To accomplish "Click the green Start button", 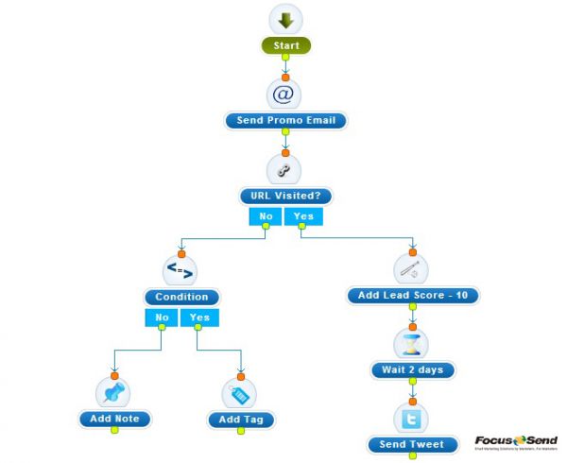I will pyautogui.click(x=285, y=45).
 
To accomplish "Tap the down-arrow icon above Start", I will pyautogui.click(x=285, y=20).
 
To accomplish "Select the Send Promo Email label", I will pyautogui.click(x=285, y=121).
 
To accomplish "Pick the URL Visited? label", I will pyautogui.click(x=285, y=197).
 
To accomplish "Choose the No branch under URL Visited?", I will pyautogui.click(x=266, y=217).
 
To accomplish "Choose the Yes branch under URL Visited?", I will pyautogui.click(x=303, y=217).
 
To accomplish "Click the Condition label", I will pyautogui.click(x=181, y=297).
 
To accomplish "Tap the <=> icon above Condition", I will pyautogui.click(x=180, y=270).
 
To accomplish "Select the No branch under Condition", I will pyautogui.click(x=161, y=317).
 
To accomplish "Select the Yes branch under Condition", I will pyautogui.click(x=199, y=317).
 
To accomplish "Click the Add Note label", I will pyautogui.click(x=115, y=419).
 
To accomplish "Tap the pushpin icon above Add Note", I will pyautogui.click(x=113, y=391).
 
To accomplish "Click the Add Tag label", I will pyautogui.click(x=240, y=420).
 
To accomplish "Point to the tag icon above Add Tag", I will pyautogui.click(x=239, y=392).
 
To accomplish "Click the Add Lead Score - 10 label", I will pyautogui.click(x=412, y=296).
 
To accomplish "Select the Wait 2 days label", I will pyautogui.click(x=413, y=369).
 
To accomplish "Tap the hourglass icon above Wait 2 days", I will pyautogui.click(x=411, y=342).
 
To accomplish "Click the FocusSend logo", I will pyautogui.click(x=516, y=441).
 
